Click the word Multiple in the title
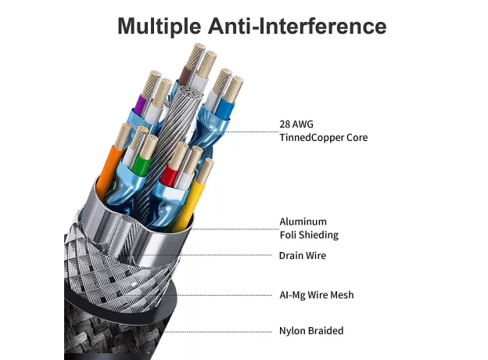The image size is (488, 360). [159, 26]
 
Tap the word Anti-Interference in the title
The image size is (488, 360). [297, 26]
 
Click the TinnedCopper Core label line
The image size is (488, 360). [323, 137]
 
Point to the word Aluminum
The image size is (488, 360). [303, 221]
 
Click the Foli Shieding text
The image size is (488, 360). [309, 235]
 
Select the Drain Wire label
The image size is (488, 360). [302, 256]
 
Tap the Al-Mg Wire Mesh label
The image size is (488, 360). [317, 295]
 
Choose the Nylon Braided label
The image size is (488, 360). [311, 331]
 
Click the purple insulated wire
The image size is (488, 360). [140, 104]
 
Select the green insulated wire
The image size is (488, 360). [142, 164]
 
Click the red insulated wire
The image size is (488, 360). [169, 175]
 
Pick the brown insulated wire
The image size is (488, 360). [184, 76]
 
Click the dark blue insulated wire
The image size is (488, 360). [224, 107]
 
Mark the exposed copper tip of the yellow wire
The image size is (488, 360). [206, 171]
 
